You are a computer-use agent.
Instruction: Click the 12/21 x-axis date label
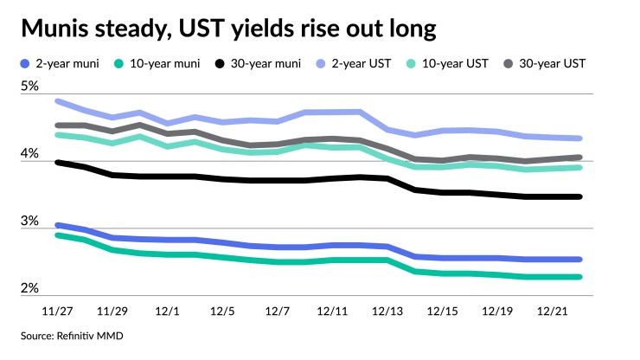(553, 310)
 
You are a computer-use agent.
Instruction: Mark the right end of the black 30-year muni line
(579, 197)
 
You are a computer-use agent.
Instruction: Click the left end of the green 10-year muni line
(58, 235)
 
